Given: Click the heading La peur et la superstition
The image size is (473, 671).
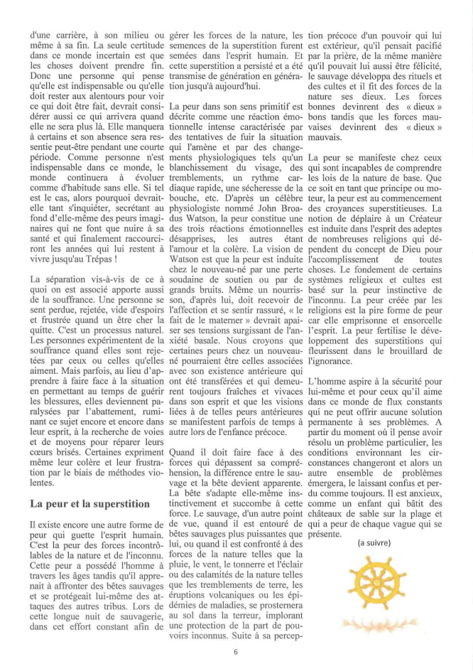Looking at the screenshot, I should point(89,503).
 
